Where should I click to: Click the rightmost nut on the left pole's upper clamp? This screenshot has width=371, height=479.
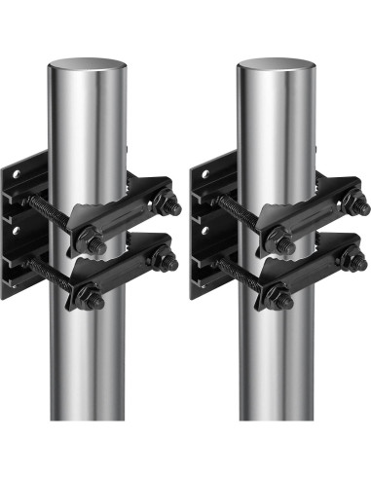168,205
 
